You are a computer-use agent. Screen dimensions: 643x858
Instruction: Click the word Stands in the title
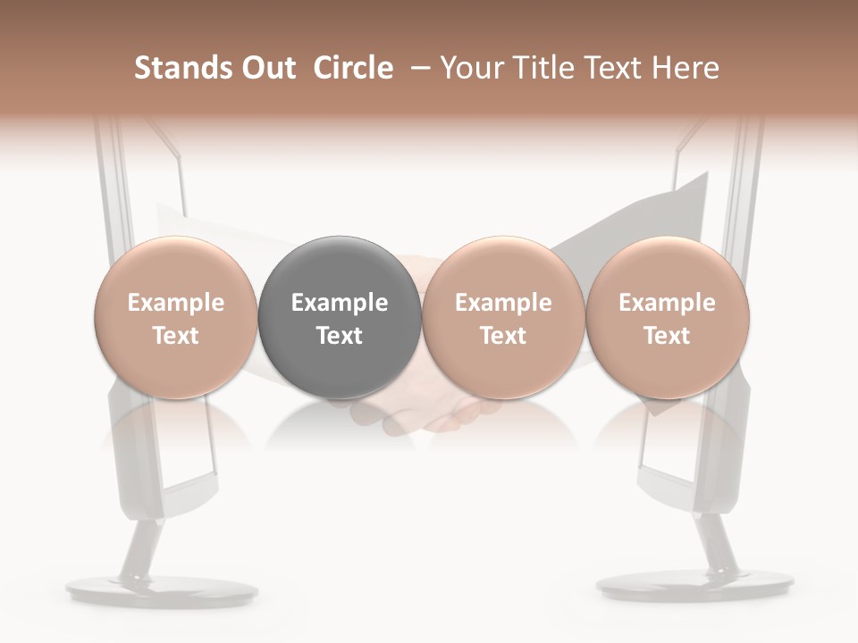(183, 68)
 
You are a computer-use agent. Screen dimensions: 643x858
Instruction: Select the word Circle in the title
(353, 68)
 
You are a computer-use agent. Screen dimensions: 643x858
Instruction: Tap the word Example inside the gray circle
(340, 303)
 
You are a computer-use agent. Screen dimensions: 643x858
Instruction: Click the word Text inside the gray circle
(340, 336)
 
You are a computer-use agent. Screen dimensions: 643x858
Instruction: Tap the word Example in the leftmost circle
(176, 303)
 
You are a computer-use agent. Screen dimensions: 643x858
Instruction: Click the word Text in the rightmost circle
(668, 336)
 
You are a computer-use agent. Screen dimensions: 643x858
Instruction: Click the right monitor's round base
(694, 586)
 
